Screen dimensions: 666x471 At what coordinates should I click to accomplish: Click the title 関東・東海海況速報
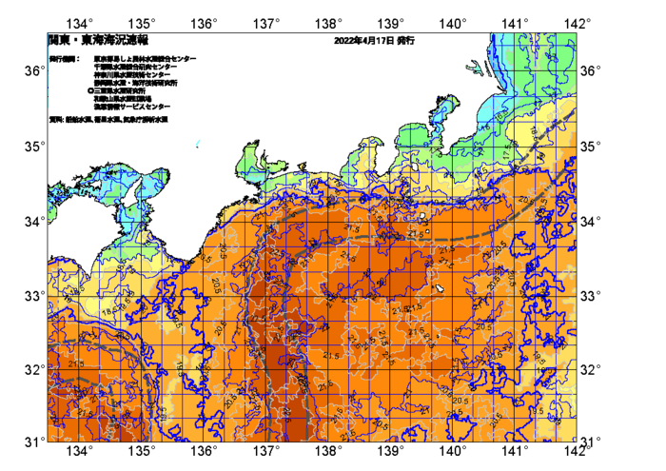point(98,42)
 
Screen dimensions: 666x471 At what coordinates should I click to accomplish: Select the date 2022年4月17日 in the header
point(363,42)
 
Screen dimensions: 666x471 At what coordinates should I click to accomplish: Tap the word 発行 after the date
point(405,42)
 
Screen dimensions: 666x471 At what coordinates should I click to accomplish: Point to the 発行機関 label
point(64,59)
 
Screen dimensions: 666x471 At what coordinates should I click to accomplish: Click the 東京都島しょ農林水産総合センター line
point(146,59)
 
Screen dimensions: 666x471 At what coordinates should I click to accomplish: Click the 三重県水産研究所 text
point(123,91)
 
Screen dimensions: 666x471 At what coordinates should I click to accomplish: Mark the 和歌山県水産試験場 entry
point(123,99)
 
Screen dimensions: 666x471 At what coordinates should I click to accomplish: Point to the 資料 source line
point(108,120)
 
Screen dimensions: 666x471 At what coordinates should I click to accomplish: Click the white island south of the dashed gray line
point(439,287)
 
